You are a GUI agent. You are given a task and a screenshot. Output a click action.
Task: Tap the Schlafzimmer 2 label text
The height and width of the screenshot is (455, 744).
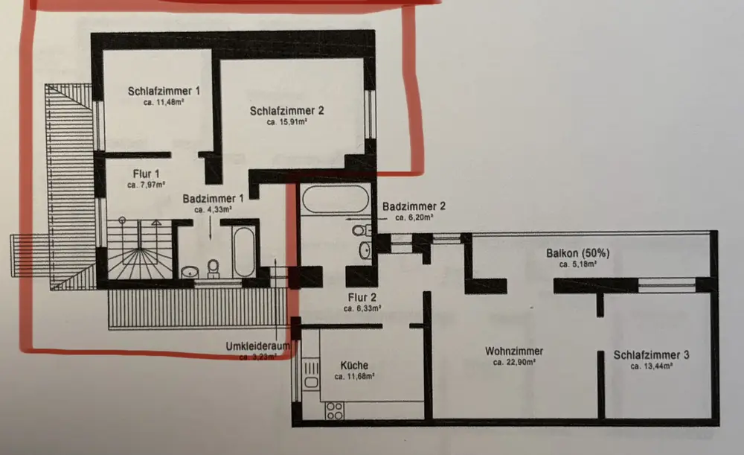pos(286,110)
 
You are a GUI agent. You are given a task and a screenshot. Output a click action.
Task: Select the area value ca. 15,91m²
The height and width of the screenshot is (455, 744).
pos(286,121)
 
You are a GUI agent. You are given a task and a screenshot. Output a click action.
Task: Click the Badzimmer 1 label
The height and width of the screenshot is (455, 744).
pos(214,199)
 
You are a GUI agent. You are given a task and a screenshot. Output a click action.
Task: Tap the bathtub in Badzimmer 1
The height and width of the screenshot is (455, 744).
pos(244,252)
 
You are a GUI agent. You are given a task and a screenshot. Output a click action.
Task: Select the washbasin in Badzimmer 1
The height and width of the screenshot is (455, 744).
pos(191,270)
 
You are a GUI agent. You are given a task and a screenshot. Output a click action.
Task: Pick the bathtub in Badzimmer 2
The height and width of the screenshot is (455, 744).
pos(333,199)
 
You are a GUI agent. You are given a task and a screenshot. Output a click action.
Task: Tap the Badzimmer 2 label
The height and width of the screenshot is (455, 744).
pos(414,206)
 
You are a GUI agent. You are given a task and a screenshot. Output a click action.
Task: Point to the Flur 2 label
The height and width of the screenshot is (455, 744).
pos(362,296)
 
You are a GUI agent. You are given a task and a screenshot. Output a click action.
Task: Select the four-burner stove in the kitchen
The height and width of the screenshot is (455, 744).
pos(335,410)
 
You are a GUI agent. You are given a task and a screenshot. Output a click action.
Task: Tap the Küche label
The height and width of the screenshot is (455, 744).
pos(354,366)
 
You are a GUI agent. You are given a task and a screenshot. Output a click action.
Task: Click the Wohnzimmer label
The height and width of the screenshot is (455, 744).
pos(514,351)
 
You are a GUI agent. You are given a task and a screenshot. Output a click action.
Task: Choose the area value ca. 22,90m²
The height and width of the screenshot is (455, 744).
pos(514,363)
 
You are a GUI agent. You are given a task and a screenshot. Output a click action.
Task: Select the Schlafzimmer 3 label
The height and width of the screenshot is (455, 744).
pos(651,355)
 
